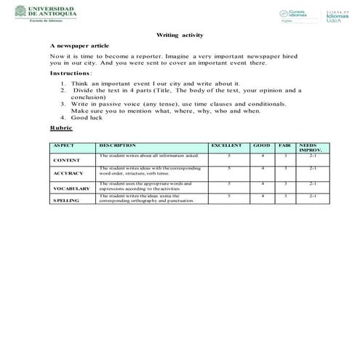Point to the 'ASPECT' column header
click(64, 146)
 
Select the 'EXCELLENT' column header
click(225, 146)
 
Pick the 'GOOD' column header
click(261, 146)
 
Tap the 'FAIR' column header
click(285, 146)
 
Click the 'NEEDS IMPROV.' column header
click(311, 148)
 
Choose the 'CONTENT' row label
click(67, 159)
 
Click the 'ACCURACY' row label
click(69, 173)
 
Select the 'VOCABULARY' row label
click(71, 188)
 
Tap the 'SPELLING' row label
click(66, 199)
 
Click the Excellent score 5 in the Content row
click(228, 156)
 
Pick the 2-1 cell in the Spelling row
click(312, 196)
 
